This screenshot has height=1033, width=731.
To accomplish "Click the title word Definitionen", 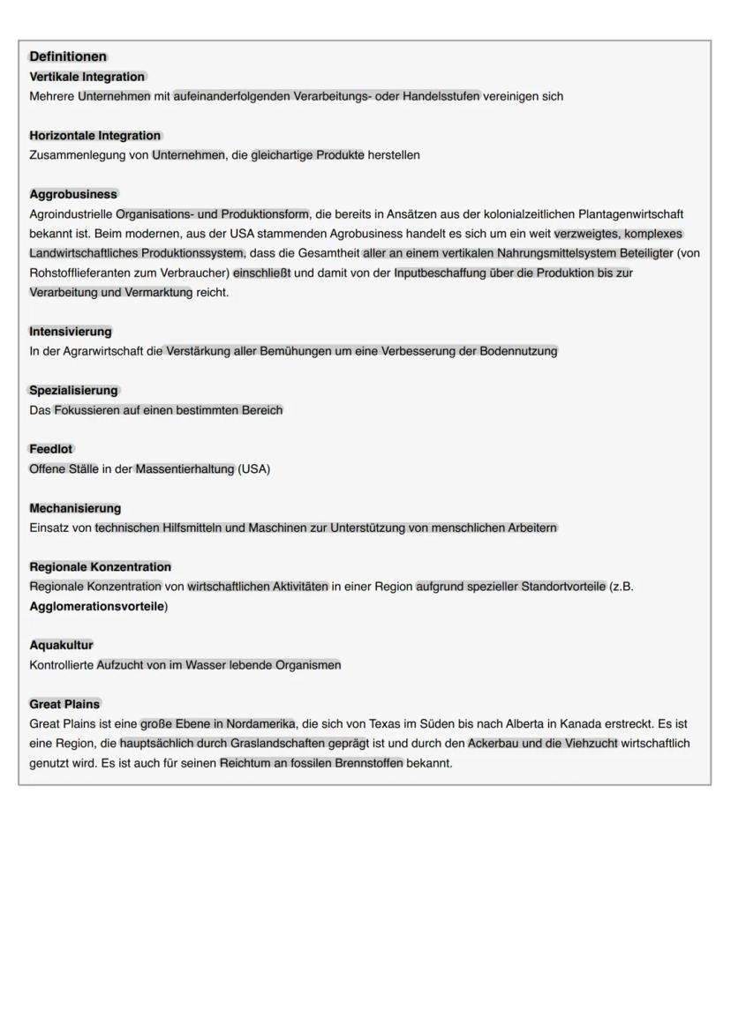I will (x=68, y=57).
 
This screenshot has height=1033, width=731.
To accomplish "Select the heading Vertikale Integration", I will (x=87, y=77).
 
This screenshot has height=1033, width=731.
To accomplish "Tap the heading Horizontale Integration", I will (x=95, y=136).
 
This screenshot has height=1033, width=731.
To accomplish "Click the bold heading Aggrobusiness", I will (x=73, y=194).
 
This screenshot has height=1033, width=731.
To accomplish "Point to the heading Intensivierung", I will (x=71, y=332).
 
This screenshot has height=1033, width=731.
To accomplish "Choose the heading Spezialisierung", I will (x=73, y=391).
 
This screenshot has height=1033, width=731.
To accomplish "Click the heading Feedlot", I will (x=51, y=450).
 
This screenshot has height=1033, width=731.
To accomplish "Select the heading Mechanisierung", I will (x=75, y=509).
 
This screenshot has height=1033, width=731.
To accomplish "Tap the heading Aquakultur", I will (x=61, y=646).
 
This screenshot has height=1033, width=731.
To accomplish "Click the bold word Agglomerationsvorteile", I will (x=97, y=607).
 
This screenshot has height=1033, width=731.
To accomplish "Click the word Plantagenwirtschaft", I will (x=630, y=213).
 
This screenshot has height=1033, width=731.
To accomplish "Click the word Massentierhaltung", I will (x=185, y=469).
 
